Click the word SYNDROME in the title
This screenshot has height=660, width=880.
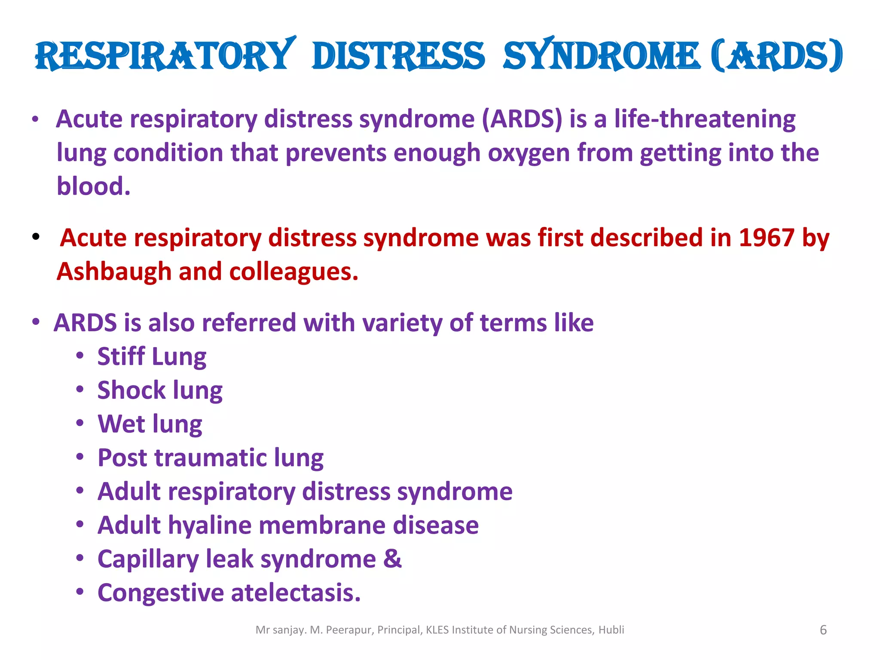(x=602, y=56)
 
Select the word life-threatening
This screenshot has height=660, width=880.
(x=705, y=119)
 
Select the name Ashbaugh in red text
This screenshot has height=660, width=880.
(x=114, y=272)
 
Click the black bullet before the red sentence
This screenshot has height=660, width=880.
(x=36, y=237)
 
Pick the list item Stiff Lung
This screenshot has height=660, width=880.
(x=152, y=356)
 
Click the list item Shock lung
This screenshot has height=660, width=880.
(x=160, y=390)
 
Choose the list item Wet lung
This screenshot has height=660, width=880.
(x=150, y=424)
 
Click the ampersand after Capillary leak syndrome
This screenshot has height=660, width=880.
(x=392, y=559)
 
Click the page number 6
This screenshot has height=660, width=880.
(x=823, y=630)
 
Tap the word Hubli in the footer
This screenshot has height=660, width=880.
(x=611, y=630)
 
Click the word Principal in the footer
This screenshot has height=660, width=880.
(x=400, y=630)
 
